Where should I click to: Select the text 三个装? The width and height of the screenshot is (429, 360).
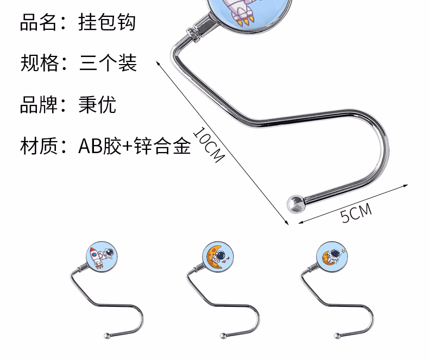(x=108, y=63)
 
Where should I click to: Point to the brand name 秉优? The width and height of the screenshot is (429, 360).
(x=97, y=104)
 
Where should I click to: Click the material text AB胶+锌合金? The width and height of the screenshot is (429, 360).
(x=135, y=146)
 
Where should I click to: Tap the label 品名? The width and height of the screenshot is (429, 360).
(x=39, y=23)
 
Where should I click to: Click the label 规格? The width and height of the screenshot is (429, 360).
(x=39, y=63)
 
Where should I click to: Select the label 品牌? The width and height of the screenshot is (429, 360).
(x=39, y=104)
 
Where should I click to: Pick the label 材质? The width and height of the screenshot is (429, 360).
(x=39, y=146)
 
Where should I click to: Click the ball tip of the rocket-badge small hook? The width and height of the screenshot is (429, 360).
(x=105, y=335)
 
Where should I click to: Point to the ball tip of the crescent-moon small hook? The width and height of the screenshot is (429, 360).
(x=222, y=335)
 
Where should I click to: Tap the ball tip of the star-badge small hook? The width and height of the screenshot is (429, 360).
(x=337, y=335)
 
